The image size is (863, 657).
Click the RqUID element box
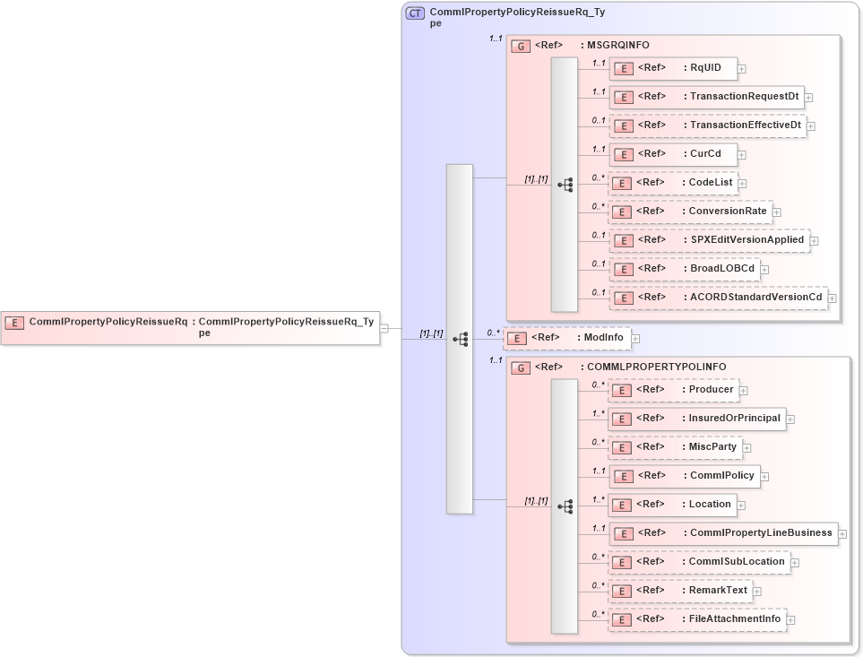[x=672, y=68]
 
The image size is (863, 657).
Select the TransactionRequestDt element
[x=705, y=97]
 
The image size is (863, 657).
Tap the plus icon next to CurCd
[x=742, y=154]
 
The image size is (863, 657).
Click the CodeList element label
[x=710, y=183]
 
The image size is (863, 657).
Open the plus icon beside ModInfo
[x=636, y=339]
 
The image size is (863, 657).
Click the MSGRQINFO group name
[x=617, y=45]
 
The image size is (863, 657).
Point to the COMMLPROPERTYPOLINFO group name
[x=656, y=367]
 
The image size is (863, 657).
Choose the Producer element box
[x=673, y=390]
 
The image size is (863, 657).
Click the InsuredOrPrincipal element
[x=696, y=419]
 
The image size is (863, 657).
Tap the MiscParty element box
[x=675, y=447]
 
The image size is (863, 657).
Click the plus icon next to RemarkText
[x=758, y=592]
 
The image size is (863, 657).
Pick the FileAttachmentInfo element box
[x=696, y=619]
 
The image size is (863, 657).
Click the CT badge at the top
[x=415, y=13]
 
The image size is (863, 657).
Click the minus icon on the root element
[x=384, y=328]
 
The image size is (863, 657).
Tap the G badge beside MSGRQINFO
[x=520, y=46]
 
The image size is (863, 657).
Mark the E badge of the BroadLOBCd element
[x=623, y=270]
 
